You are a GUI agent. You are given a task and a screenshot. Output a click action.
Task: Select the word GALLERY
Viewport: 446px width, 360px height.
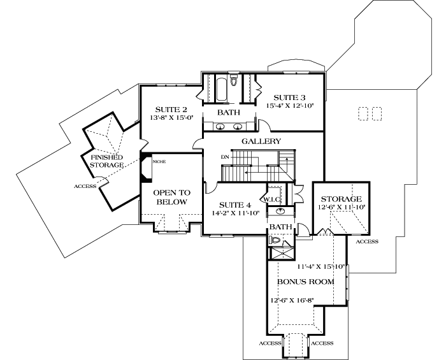coord(261,141)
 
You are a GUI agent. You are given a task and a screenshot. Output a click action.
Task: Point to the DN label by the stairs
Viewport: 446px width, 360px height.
coord(224,156)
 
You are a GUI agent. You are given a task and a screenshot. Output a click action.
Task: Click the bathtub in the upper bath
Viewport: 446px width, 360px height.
coord(221,89)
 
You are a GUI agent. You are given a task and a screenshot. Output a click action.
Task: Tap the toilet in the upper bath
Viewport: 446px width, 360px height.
coord(233,81)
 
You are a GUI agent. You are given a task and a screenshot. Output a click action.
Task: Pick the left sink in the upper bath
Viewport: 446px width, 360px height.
coord(219,126)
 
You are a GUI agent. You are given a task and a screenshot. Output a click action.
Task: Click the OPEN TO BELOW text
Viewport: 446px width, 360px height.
coord(170,197)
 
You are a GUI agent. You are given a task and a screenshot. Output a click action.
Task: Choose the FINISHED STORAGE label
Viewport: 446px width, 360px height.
coord(106,161)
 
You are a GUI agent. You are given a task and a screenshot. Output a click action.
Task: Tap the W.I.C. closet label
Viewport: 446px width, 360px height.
coord(273,199)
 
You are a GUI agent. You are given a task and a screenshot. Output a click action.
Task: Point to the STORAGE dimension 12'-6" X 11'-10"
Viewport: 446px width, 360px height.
coord(342,208)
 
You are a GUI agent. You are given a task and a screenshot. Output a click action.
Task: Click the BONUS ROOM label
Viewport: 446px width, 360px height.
coord(305,281)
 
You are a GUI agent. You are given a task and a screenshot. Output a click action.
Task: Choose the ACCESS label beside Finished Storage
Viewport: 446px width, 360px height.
coord(85,186)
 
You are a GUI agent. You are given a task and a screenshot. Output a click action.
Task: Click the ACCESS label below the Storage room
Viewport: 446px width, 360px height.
coord(367,241)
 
